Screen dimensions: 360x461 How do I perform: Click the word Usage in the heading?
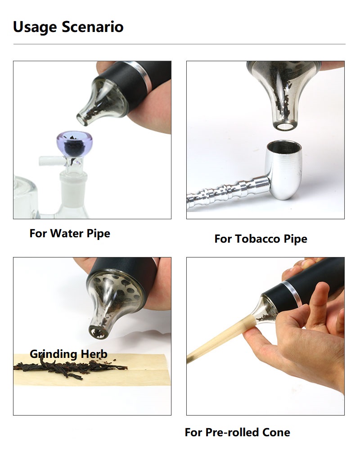(x=35, y=27)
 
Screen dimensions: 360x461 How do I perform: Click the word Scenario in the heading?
(x=93, y=27)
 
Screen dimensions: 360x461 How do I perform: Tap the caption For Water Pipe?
(x=70, y=234)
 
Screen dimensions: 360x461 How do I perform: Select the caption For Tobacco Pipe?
(x=261, y=239)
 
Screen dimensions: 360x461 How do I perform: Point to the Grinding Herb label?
(x=68, y=354)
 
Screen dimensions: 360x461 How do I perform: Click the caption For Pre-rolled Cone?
(x=238, y=432)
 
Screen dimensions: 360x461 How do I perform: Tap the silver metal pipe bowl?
(x=283, y=169)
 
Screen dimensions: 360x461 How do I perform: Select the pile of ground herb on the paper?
(x=71, y=367)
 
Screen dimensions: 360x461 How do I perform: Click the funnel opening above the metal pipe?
(x=283, y=127)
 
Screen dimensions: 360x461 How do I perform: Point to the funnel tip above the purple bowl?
(x=82, y=118)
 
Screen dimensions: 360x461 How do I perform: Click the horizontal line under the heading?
(x=179, y=44)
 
